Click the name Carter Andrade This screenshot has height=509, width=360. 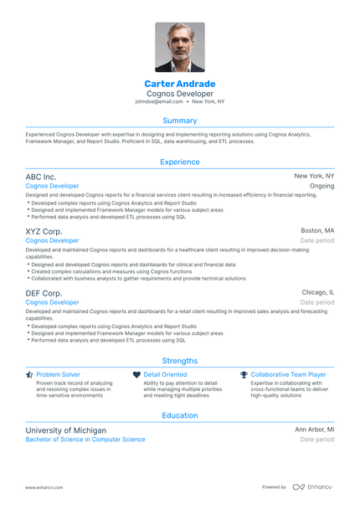(179, 84)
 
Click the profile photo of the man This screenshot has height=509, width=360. (179, 47)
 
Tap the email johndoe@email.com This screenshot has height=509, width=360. (159, 101)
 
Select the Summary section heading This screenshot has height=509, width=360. (179, 121)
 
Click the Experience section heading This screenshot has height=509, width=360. (179, 162)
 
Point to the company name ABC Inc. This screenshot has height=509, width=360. (41, 177)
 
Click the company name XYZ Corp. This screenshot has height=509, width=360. (44, 230)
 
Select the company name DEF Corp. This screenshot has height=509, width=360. (44, 293)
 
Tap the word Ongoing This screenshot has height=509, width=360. (321, 186)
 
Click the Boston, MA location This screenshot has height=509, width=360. (317, 230)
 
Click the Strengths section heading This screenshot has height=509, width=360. (179, 361)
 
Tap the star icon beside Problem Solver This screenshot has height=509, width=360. (29, 375)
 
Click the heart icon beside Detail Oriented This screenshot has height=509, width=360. (137, 375)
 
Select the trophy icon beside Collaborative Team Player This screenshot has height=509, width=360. (244, 375)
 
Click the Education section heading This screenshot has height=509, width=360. (179, 414)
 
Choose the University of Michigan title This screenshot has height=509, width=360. (65, 429)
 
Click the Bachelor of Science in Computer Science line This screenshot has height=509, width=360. (85, 440)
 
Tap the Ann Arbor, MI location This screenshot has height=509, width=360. (314, 429)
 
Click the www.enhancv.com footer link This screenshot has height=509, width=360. (44, 487)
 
